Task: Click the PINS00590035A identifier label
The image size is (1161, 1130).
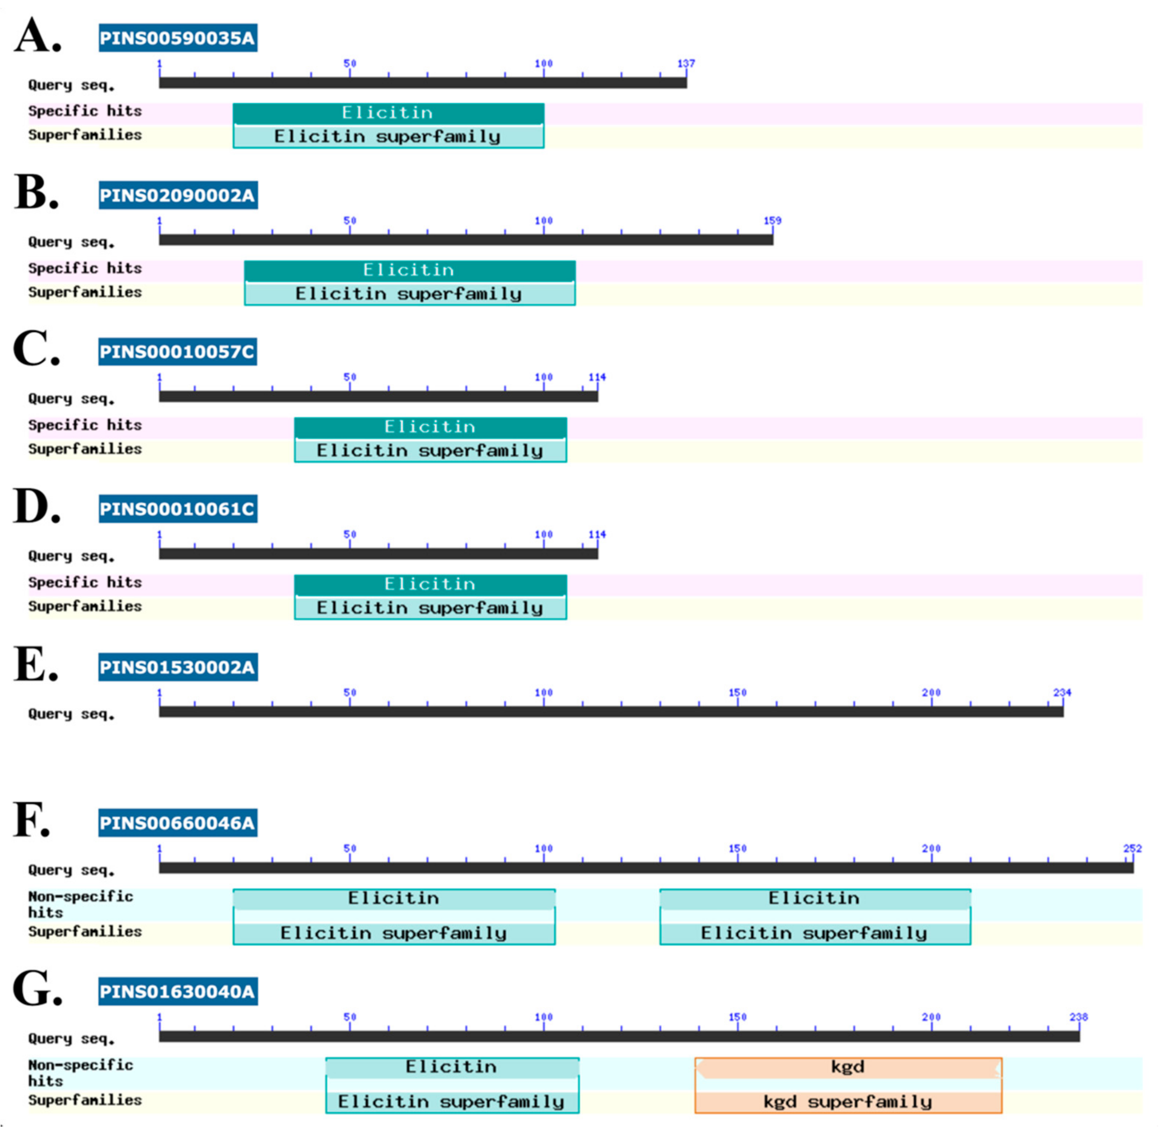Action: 178,38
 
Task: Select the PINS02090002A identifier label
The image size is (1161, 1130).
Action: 178,195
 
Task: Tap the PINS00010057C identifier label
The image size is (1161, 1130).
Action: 178,352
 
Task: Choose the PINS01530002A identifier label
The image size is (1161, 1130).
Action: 178,667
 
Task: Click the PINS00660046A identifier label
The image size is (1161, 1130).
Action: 178,823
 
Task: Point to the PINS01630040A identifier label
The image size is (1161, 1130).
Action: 178,992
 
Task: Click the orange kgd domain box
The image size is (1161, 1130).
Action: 848,1067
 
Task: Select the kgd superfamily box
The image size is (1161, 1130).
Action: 848,1102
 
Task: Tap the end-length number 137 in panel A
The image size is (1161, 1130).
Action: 686,63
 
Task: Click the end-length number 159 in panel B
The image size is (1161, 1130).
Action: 772,220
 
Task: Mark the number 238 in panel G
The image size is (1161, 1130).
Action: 1078,1017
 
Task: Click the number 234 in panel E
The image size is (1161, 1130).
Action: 1062,692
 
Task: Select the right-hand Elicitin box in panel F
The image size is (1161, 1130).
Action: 814,898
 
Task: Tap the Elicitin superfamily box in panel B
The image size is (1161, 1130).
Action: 409,294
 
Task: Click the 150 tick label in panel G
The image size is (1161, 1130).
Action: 737,1017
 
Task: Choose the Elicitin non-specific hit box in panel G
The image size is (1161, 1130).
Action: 452,1067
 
